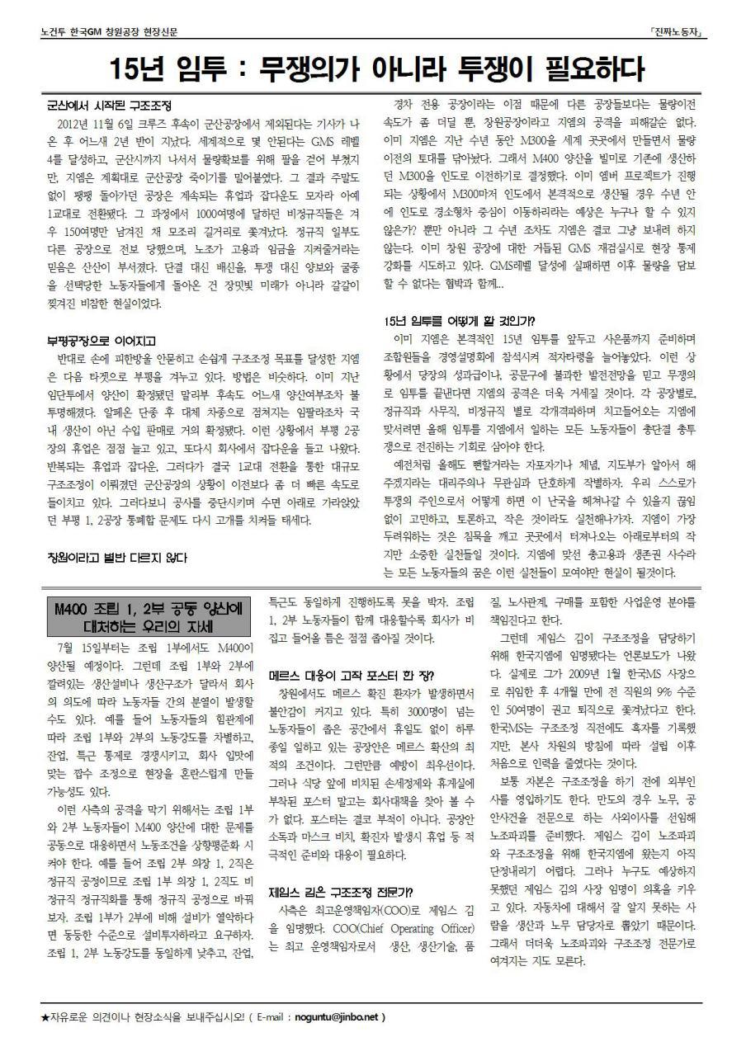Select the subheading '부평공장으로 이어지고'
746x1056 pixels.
(101, 341)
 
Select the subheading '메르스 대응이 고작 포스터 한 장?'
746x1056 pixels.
(341, 675)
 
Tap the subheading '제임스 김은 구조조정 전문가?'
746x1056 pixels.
(341, 892)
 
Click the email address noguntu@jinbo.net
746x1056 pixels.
(333, 1016)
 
